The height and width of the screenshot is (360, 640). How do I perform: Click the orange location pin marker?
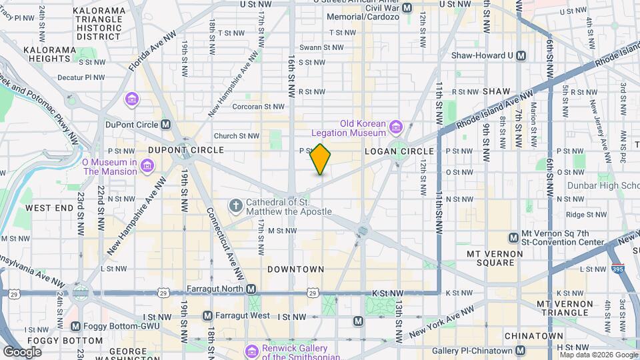click(321, 159)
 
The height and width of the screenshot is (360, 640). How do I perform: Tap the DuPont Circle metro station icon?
click(166, 124)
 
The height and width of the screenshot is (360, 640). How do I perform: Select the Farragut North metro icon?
click(251, 289)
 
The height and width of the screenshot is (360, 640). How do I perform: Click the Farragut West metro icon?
click(207, 315)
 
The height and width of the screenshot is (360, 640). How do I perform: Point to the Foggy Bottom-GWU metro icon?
click(75, 327)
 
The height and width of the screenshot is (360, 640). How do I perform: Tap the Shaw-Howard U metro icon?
click(521, 56)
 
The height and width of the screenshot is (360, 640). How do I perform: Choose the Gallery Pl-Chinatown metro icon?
click(521, 351)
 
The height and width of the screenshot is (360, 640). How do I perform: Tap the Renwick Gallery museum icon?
click(252, 351)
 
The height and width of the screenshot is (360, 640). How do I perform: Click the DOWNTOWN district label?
click(295, 269)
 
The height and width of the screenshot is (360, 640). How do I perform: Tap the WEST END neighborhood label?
click(49, 208)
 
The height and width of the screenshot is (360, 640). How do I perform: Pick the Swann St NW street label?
click(321, 47)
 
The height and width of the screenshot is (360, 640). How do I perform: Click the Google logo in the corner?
click(22, 351)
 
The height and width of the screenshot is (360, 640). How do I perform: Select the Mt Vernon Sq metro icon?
click(513, 237)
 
